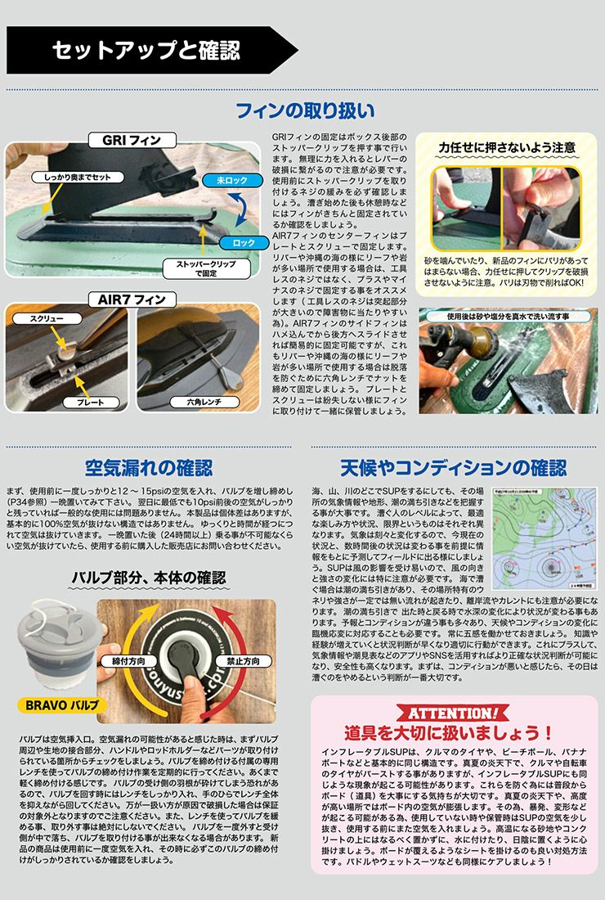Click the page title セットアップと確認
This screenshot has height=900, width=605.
(x=146, y=51)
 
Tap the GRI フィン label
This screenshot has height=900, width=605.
(x=131, y=141)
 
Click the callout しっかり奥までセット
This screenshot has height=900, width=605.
(x=78, y=177)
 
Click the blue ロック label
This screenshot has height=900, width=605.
(x=244, y=243)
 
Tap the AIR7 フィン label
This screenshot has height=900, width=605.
(x=132, y=299)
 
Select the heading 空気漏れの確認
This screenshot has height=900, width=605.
(x=149, y=468)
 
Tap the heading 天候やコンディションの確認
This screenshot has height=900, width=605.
(x=453, y=468)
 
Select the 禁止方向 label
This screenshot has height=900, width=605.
(x=242, y=660)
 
